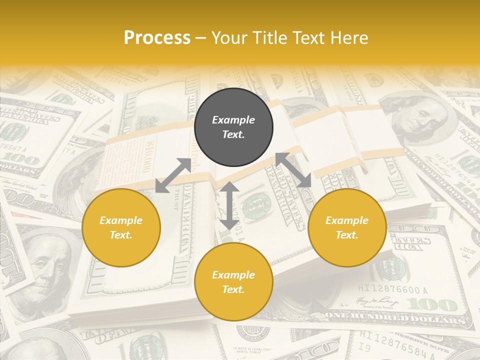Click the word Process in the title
click(x=157, y=38)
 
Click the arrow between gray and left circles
click(x=173, y=175)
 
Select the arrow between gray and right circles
click(x=293, y=170)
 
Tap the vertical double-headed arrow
click(x=229, y=205)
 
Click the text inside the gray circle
click(x=233, y=127)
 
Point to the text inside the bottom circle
click(x=233, y=282)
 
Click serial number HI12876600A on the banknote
click(x=393, y=289)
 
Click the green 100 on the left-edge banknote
click(x=20, y=161)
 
